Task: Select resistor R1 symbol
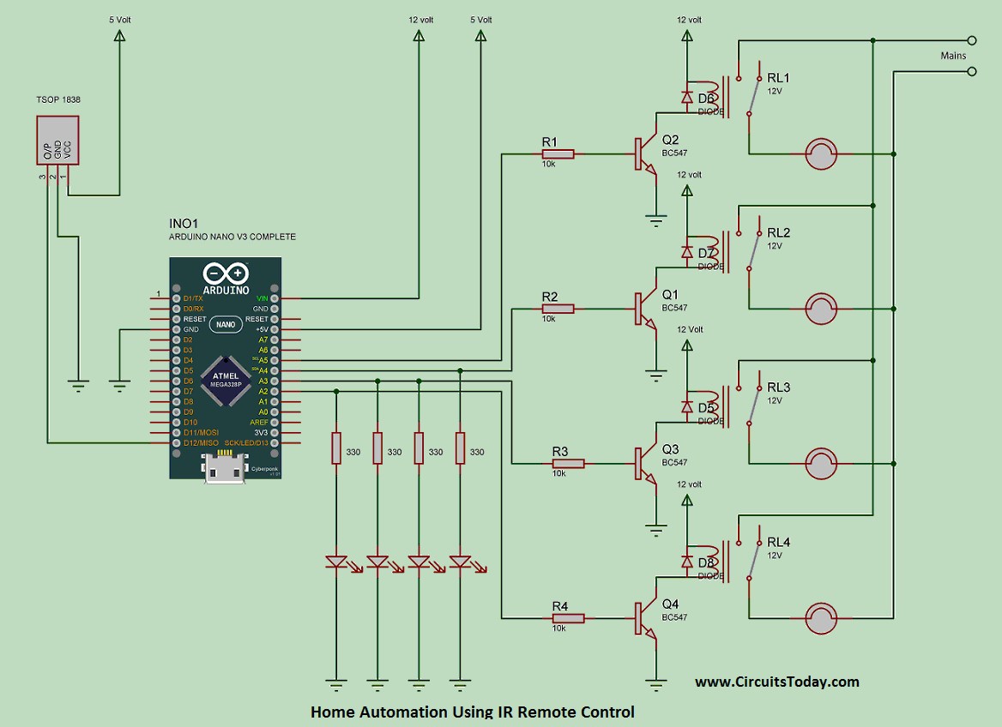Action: coord(558,154)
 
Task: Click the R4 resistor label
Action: coord(560,606)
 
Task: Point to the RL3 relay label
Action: coord(779,388)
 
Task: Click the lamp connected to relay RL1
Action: coord(821,154)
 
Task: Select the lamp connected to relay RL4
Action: coord(821,618)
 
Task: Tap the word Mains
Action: coord(953,56)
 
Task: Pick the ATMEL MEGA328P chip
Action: coord(226,379)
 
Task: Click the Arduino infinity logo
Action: coord(226,274)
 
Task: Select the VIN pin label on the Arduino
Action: coord(262,297)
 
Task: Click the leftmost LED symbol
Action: coord(336,562)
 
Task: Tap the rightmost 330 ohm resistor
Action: coord(461,448)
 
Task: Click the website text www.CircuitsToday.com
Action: coord(776,682)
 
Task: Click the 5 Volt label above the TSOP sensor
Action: coord(119,18)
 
